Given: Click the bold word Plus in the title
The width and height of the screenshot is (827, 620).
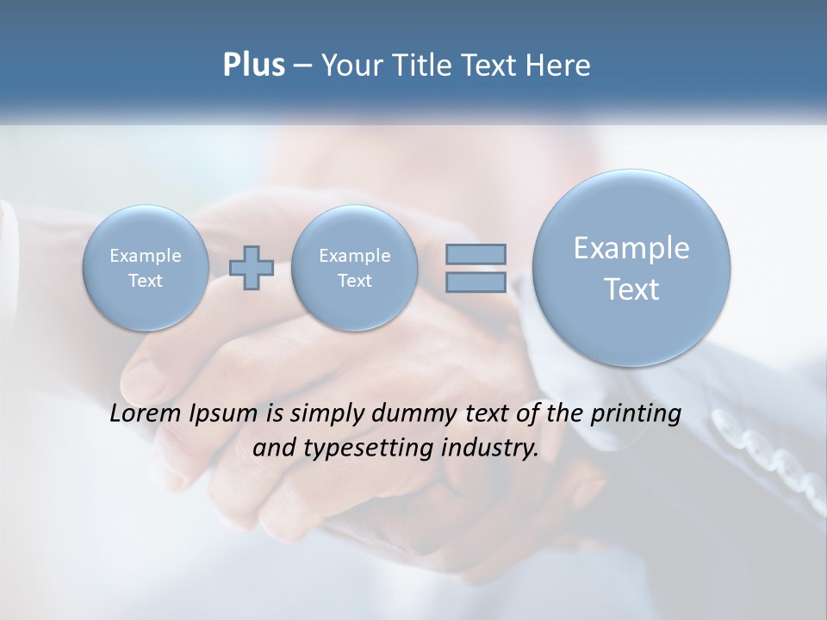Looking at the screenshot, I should point(253,65).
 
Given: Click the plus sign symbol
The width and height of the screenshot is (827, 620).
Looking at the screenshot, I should point(252,268).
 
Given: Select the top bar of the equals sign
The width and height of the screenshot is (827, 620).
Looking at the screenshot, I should point(476,254).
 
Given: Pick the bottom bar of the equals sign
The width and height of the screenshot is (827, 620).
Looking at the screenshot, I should point(476,282).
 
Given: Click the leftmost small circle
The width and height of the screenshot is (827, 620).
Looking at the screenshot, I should point(145,268).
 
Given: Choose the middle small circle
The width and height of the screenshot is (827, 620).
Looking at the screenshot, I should point(354,268).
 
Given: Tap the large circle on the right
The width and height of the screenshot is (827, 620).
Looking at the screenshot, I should point(631,268).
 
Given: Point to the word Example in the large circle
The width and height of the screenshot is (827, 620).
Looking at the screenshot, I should point(631,248).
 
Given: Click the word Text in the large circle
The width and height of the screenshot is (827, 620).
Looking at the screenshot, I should point(631,289).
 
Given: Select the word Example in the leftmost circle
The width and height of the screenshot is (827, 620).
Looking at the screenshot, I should point(146,256).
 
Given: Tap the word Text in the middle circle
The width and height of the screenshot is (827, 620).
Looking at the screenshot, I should point(354,281).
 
